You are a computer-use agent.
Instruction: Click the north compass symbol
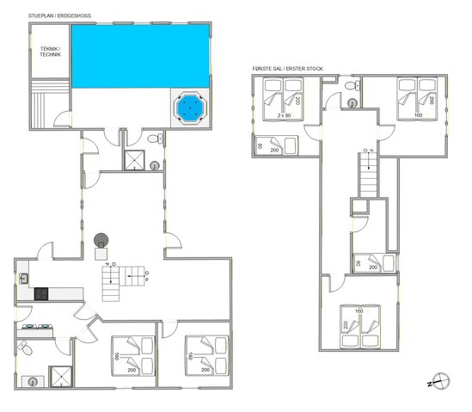click(x=441, y=379)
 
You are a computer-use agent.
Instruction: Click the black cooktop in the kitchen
click(x=40, y=293)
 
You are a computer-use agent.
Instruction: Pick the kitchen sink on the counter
click(x=25, y=278)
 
